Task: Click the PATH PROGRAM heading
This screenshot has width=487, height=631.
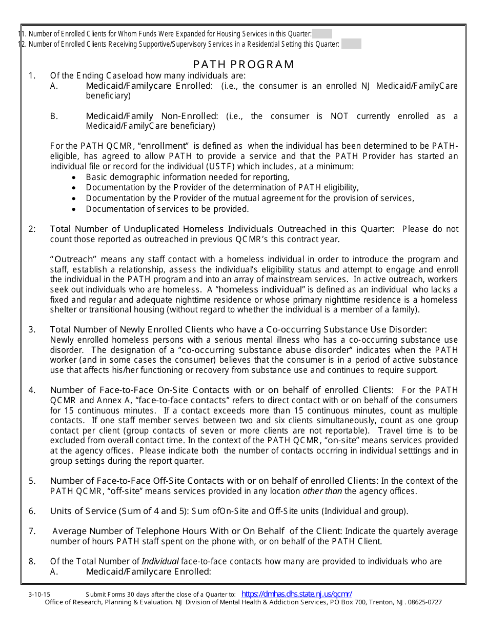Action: click(243, 65)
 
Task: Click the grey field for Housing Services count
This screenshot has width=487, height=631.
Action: click(322, 34)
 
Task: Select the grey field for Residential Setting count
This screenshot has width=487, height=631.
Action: click(351, 44)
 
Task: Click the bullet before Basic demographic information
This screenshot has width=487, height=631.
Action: click(75, 178)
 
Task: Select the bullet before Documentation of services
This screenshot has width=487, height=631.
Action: click(75, 209)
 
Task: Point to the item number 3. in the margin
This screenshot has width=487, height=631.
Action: click(32, 330)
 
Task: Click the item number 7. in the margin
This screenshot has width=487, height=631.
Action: click(32, 531)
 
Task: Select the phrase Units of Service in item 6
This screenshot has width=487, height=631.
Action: click(83, 511)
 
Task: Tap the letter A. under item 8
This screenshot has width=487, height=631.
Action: click(54, 571)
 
